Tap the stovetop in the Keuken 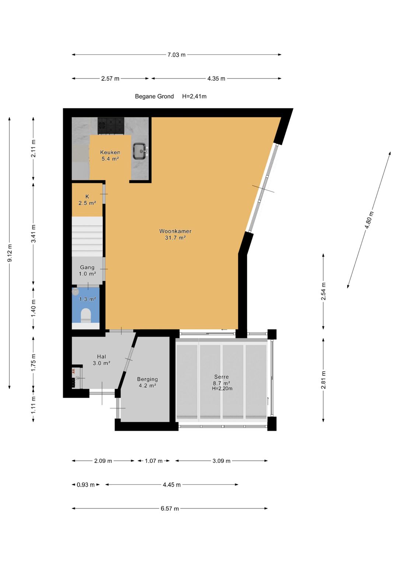(x=111, y=126)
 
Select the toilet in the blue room (x=85, y=315)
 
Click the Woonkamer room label (x=175, y=231)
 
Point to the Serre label (x=221, y=377)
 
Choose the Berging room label (x=147, y=379)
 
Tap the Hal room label (x=101, y=357)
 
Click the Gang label (x=87, y=267)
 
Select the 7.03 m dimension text (x=177, y=55)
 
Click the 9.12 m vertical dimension (x=10, y=253)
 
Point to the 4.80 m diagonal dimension (x=369, y=220)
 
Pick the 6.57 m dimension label (x=170, y=508)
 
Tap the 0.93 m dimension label (x=85, y=484)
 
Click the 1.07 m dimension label (x=154, y=461)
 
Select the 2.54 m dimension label (x=324, y=291)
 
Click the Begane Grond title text (x=154, y=96)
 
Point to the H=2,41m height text (x=194, y=96)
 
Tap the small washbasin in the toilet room (x=75, y=292)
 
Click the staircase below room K (x=87, y=236)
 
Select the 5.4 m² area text (x=110, y=159)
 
